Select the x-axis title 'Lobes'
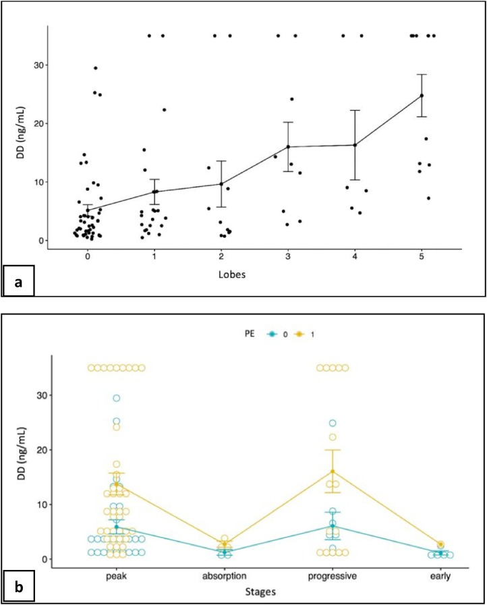click(x=254, y=275)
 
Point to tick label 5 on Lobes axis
click(x=422, y=258)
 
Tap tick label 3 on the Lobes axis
click(x=288, y=258)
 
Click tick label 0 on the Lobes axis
click(x=88, y=258)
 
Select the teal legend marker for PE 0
click(x=270, y=334)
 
